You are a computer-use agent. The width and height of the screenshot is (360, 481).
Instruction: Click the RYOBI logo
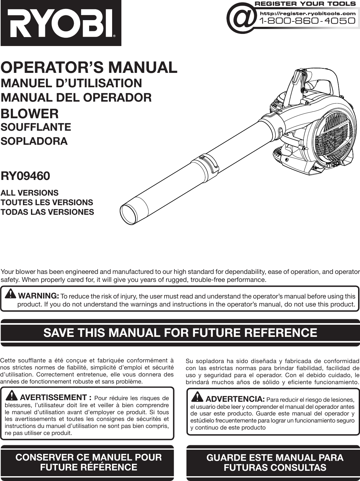click(61, 23)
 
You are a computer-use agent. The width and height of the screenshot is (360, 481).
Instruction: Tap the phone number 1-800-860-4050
click(308, 21)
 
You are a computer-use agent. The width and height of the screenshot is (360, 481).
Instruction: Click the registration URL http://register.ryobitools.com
click(308, 13)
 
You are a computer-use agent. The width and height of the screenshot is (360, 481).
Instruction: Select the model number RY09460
click(25, 176)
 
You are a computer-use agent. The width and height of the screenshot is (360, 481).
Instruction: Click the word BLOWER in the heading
click(30, 113)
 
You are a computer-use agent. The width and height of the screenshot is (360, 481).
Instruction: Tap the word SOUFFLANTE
click(36, 127)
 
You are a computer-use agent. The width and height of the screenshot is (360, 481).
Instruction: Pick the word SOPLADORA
click(34, 141)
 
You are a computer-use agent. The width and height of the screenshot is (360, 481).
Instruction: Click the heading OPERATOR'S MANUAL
click(89, 67)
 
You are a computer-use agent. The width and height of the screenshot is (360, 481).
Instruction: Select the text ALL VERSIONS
click(30, 193)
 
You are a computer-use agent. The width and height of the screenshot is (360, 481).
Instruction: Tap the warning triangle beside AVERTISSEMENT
click(12, 396)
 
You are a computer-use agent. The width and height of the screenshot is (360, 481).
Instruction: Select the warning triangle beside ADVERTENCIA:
click(197, 397)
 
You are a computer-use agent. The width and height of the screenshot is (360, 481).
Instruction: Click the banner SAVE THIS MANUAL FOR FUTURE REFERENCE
click(180, 333)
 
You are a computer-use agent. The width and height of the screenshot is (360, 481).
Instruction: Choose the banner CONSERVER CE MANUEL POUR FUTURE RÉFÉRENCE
click(88, 462)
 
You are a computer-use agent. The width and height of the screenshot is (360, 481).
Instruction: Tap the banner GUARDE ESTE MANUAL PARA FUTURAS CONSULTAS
click(275, 462)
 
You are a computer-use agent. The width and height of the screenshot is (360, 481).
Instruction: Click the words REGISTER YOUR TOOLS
click(305, 4)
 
